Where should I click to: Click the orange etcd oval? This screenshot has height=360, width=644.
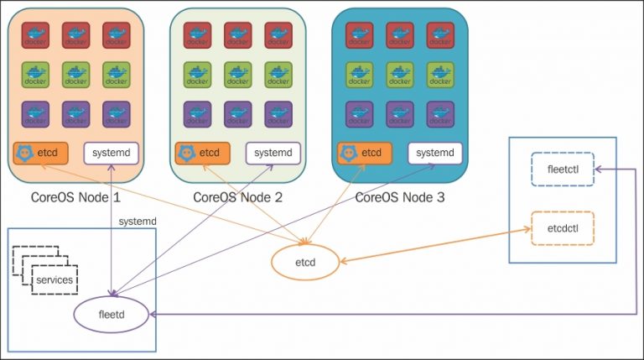pos(304,263)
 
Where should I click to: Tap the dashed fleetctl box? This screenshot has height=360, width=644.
pos(563,169)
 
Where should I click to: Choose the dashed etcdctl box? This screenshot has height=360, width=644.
pos(563,227)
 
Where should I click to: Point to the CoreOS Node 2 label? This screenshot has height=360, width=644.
pos(237,198)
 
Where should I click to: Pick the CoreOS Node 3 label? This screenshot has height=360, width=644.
pos(399,198)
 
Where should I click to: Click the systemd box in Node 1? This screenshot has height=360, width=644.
pos(111,154)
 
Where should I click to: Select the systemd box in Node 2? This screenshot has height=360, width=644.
pos(273,154)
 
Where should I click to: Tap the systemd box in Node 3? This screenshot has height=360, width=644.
pos(435,154)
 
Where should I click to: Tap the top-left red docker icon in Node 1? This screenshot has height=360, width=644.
pos(36,35)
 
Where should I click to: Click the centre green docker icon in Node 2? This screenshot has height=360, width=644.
pos(237,75)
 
